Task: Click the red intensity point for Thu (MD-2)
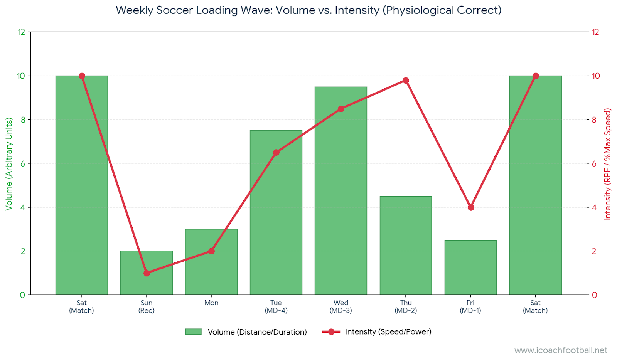(406, 81)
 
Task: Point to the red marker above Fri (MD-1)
(470, 207)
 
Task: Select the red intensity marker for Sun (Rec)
(147, 273)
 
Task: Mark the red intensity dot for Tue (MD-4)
(276, 153)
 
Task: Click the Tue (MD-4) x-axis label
(276, 307)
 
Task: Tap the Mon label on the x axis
(211, 303)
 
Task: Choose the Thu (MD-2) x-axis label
(406, 307)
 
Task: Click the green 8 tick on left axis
(23, 120)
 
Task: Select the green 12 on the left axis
(22, 32)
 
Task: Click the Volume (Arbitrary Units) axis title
(9, 164)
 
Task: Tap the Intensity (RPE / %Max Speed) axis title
(608, 164)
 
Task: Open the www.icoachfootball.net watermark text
(561, 350)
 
